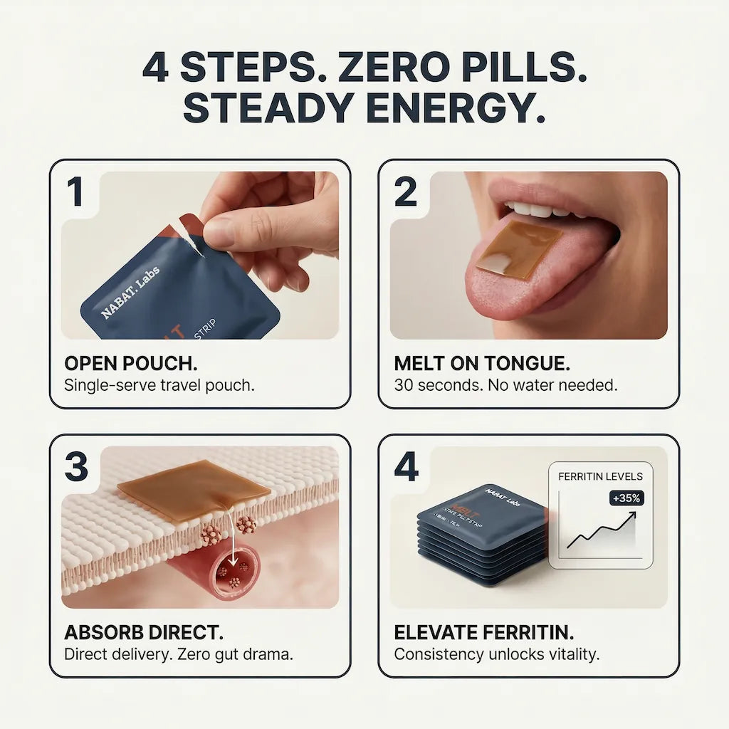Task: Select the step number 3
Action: pos(76,467)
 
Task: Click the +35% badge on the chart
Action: pos(626,498)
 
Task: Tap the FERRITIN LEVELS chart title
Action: pos(600,476)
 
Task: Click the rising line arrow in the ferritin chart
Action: pos(602,530)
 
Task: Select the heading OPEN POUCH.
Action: pos(131,364)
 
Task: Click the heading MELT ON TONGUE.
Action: pos(482,364)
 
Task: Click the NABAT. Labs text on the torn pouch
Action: pos(131,293)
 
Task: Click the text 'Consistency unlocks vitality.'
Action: pos(497,654)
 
